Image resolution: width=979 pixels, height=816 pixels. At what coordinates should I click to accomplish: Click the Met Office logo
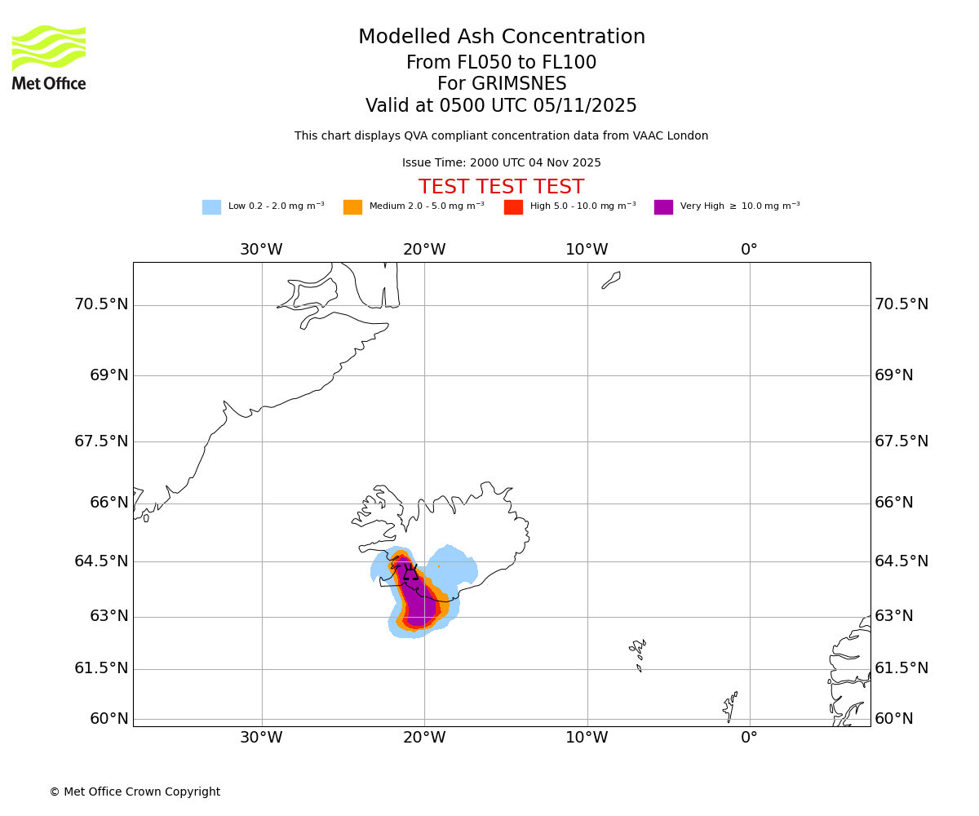tap(49, 57)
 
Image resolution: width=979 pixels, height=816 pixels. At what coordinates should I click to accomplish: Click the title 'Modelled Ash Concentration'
tap(502, 38)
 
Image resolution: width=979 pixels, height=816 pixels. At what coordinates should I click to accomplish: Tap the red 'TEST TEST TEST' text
tap(502, 188)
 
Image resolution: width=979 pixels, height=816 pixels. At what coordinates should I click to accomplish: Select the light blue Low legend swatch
tap(211, 207)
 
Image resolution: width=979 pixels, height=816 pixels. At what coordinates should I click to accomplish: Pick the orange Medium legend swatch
tap(352, 207)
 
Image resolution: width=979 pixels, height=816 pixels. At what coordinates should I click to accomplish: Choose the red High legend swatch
tap(513, 207)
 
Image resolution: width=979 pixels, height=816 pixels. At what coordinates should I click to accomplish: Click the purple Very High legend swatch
tap(663, 207)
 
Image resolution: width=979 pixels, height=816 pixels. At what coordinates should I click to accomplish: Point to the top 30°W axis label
tap(261, 250)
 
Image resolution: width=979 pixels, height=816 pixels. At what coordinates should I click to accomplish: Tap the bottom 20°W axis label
tap(424, 738)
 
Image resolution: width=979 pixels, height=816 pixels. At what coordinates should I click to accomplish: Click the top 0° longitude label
tap(749, 250)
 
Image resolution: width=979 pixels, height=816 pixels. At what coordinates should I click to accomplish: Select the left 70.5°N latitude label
tap(101, 304)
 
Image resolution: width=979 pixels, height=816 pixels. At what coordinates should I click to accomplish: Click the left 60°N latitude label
tap(109, 719)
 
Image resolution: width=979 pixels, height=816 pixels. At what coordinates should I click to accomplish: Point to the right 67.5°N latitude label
tap(901, 441)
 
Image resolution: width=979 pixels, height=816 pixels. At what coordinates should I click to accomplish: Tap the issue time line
tap(502, 163)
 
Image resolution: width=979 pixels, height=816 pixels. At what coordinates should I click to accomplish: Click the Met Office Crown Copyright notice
tap(135, 792)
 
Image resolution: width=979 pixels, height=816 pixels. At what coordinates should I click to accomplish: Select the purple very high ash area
tap(419, 600)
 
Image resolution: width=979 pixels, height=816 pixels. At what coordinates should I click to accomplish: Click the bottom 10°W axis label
tap(587, 738)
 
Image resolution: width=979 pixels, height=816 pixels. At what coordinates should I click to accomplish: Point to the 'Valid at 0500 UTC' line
tap(502, 106)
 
